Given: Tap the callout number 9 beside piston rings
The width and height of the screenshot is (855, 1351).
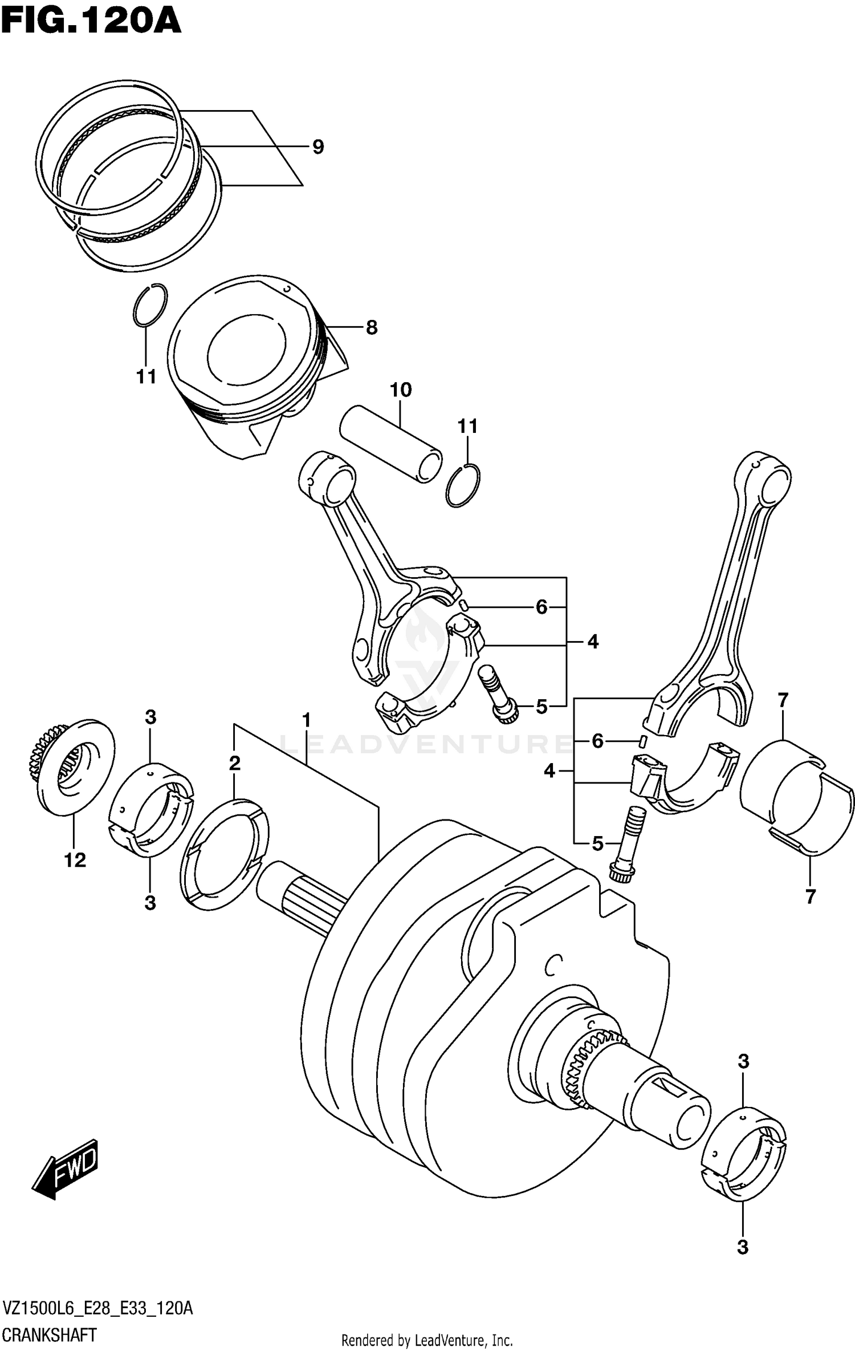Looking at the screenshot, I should pyautogui.click(x=318, y=147).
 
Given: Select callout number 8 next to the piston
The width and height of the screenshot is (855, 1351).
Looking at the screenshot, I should pyautogui.click(x=371, y=328).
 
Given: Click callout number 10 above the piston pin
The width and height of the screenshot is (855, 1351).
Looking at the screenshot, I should pyautogui.click(x=400, y=390).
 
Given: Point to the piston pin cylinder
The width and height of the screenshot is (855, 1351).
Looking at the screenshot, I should pyautogui.click(x=390, y=444).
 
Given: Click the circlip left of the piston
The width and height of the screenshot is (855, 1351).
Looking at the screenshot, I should pyautogui.click(x=150, y=305).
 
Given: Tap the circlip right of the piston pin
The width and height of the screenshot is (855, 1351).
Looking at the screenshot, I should pyautogui.click(x=463, y=485).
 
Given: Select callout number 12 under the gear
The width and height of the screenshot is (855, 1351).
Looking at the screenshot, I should pyautogui.click(x=75, y=860).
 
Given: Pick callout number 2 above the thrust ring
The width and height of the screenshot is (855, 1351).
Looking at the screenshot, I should pyautogui.click(x=235, y=764).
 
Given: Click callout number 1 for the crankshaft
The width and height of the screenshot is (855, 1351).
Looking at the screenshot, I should pyautogui.click(x=306, y=720).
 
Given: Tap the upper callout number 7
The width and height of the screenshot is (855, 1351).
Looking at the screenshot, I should pyautogui.click(x=782, y=700).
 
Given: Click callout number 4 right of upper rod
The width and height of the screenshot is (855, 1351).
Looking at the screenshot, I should pyautogui.click(x=593, y=642).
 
